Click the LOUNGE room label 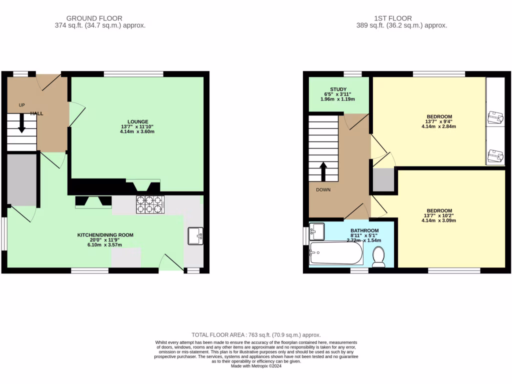coord(137,121)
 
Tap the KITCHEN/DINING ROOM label coord(105,234)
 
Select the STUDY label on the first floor coord(338,89)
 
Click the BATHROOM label coord(363,230)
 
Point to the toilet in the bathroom coord(378,258)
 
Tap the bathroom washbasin coord(317,230)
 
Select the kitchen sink coord(195,235)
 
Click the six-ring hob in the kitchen coord(150,204)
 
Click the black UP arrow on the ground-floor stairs coord(21,123)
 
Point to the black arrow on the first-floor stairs coord(323,171)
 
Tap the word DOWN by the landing coord(322,190)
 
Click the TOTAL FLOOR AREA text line coord(256,334)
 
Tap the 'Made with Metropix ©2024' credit coord(256,365)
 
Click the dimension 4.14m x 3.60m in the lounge coord(137,132)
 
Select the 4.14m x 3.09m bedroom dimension coord(439,220)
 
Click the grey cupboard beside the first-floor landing coord(383,180)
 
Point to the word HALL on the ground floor coord(36,113)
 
